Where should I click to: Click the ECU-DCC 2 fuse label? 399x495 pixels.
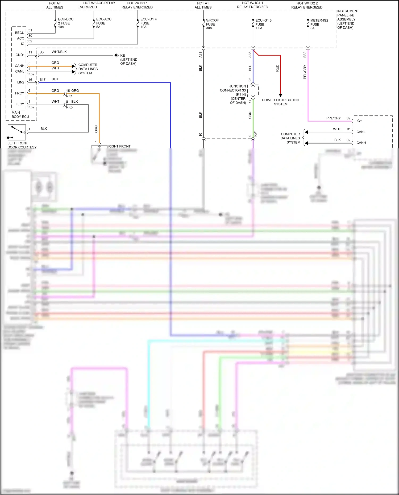(65, 23)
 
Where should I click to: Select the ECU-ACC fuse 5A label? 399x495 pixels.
(103, 23)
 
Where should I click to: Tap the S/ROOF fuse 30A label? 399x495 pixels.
(212, 24)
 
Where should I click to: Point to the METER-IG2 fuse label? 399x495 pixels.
(319, 24)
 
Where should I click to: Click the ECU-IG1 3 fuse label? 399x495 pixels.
(263, 24)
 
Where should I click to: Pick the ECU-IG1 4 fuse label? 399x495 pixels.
(148, 23)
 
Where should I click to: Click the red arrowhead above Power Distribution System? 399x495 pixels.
(280, 95)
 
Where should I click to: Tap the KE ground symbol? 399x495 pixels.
(117, 55)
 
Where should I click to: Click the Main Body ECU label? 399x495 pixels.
(20, 115)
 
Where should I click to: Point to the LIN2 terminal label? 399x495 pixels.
(21, 82)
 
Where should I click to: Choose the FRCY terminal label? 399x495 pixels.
(20, 93)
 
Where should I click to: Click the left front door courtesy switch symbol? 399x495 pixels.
(17, 132)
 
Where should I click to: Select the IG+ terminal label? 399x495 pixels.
(359, 121)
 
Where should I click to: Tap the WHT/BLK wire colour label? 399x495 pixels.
(59, 52)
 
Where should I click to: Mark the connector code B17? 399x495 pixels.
(43, 80)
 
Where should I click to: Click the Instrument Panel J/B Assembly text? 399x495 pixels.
(348, 19)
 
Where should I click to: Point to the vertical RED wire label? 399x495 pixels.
(277, 68)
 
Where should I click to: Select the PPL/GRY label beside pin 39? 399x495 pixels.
(333, 118)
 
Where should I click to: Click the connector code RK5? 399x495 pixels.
(69, 107)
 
